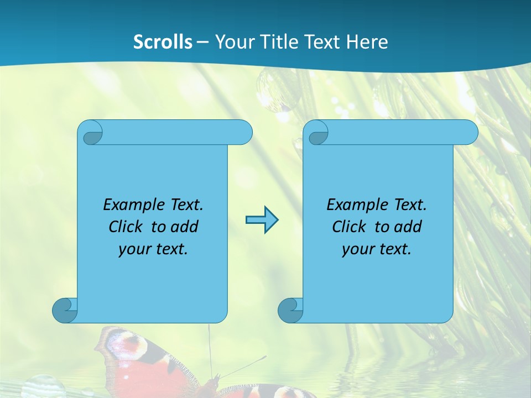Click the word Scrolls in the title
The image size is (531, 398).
pyautogui.click(x=163, y=42)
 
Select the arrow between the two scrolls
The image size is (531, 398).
pyautogui.click(x=262, y=220)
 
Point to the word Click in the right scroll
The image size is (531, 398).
pyautogui.click(x=349, y=227)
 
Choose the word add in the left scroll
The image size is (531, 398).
pyautogui.click(x=185, y=227)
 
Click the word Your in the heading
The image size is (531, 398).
pyautogui.click(x=234, y=42)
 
